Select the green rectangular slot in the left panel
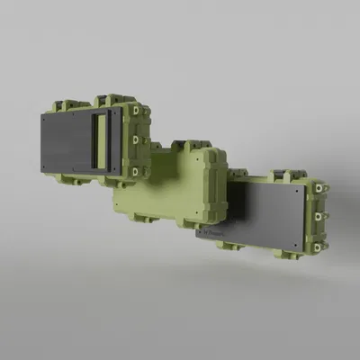(x=103, y=144)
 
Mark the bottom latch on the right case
(x=319, y=243)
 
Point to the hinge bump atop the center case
(x=191, y=145)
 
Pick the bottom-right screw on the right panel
(x=298, y=249)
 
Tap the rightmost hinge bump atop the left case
(x=115, y=97)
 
